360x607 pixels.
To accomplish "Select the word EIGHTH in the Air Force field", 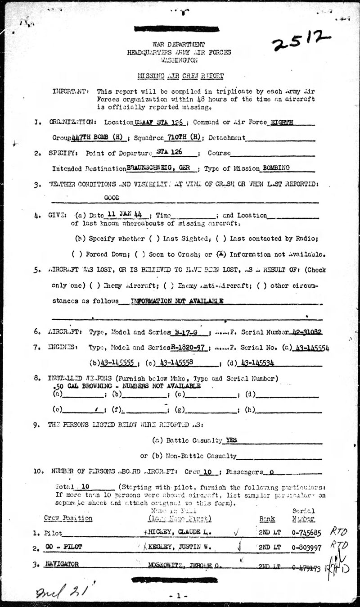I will tap(278, 122).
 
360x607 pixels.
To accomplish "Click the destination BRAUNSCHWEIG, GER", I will tap(162, 168).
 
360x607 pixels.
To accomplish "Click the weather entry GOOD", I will tap(112, 197).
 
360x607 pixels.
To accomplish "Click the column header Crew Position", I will tap(68, 518).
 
